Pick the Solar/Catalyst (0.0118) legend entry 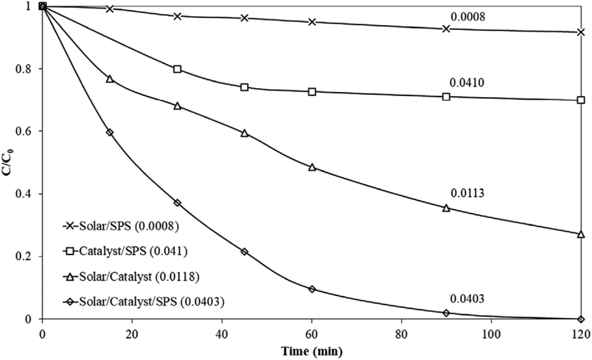tap(130, 277)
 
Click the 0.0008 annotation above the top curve tap(468, 17)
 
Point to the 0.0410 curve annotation tap(468, 83)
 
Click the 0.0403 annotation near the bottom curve tap(468, 298)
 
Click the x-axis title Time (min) tap(312, 351)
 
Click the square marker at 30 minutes tap(177, 69)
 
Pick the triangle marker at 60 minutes tap(312, 167)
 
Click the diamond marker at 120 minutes tap(580, 319)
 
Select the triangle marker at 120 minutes tap(580, 234)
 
